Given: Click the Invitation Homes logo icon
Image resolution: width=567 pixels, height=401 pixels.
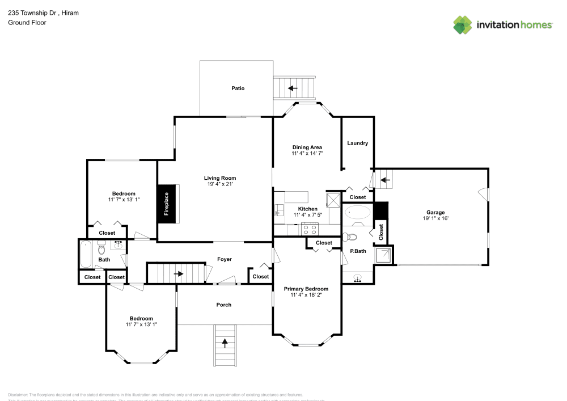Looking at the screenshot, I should point(463,24).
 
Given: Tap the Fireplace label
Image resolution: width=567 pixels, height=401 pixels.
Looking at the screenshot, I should point(167,204).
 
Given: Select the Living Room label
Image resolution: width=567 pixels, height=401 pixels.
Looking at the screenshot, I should point(220,178).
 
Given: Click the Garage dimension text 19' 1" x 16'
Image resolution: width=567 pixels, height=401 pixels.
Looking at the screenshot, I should point(435,218).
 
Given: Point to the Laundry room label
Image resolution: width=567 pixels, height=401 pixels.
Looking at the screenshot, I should point(358,143).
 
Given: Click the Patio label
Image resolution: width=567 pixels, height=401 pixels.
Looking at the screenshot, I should point(238,88).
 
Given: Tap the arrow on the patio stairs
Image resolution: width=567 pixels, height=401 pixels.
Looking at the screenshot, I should point(293,88).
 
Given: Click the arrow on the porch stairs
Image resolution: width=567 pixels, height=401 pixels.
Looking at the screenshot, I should point(225,343).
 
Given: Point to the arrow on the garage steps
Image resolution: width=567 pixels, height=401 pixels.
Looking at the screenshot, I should point(385,181).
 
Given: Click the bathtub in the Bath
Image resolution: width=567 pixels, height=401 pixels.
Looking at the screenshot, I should point(86,254).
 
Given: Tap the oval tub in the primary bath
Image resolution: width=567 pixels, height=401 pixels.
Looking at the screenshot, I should point(358,213).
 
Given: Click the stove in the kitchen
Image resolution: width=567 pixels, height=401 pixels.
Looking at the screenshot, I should point(310,229).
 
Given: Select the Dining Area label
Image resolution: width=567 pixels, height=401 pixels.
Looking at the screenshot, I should point(307,147).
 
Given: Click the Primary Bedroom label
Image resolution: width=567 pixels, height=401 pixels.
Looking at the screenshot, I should point(306,289).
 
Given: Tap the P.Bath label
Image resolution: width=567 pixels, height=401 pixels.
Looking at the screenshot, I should point(357,251).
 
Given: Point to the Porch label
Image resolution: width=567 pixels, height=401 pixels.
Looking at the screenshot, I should point(224,305).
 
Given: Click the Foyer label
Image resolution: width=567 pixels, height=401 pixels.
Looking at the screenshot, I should point(225,259).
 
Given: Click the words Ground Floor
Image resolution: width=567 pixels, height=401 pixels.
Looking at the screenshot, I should point(27,23).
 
